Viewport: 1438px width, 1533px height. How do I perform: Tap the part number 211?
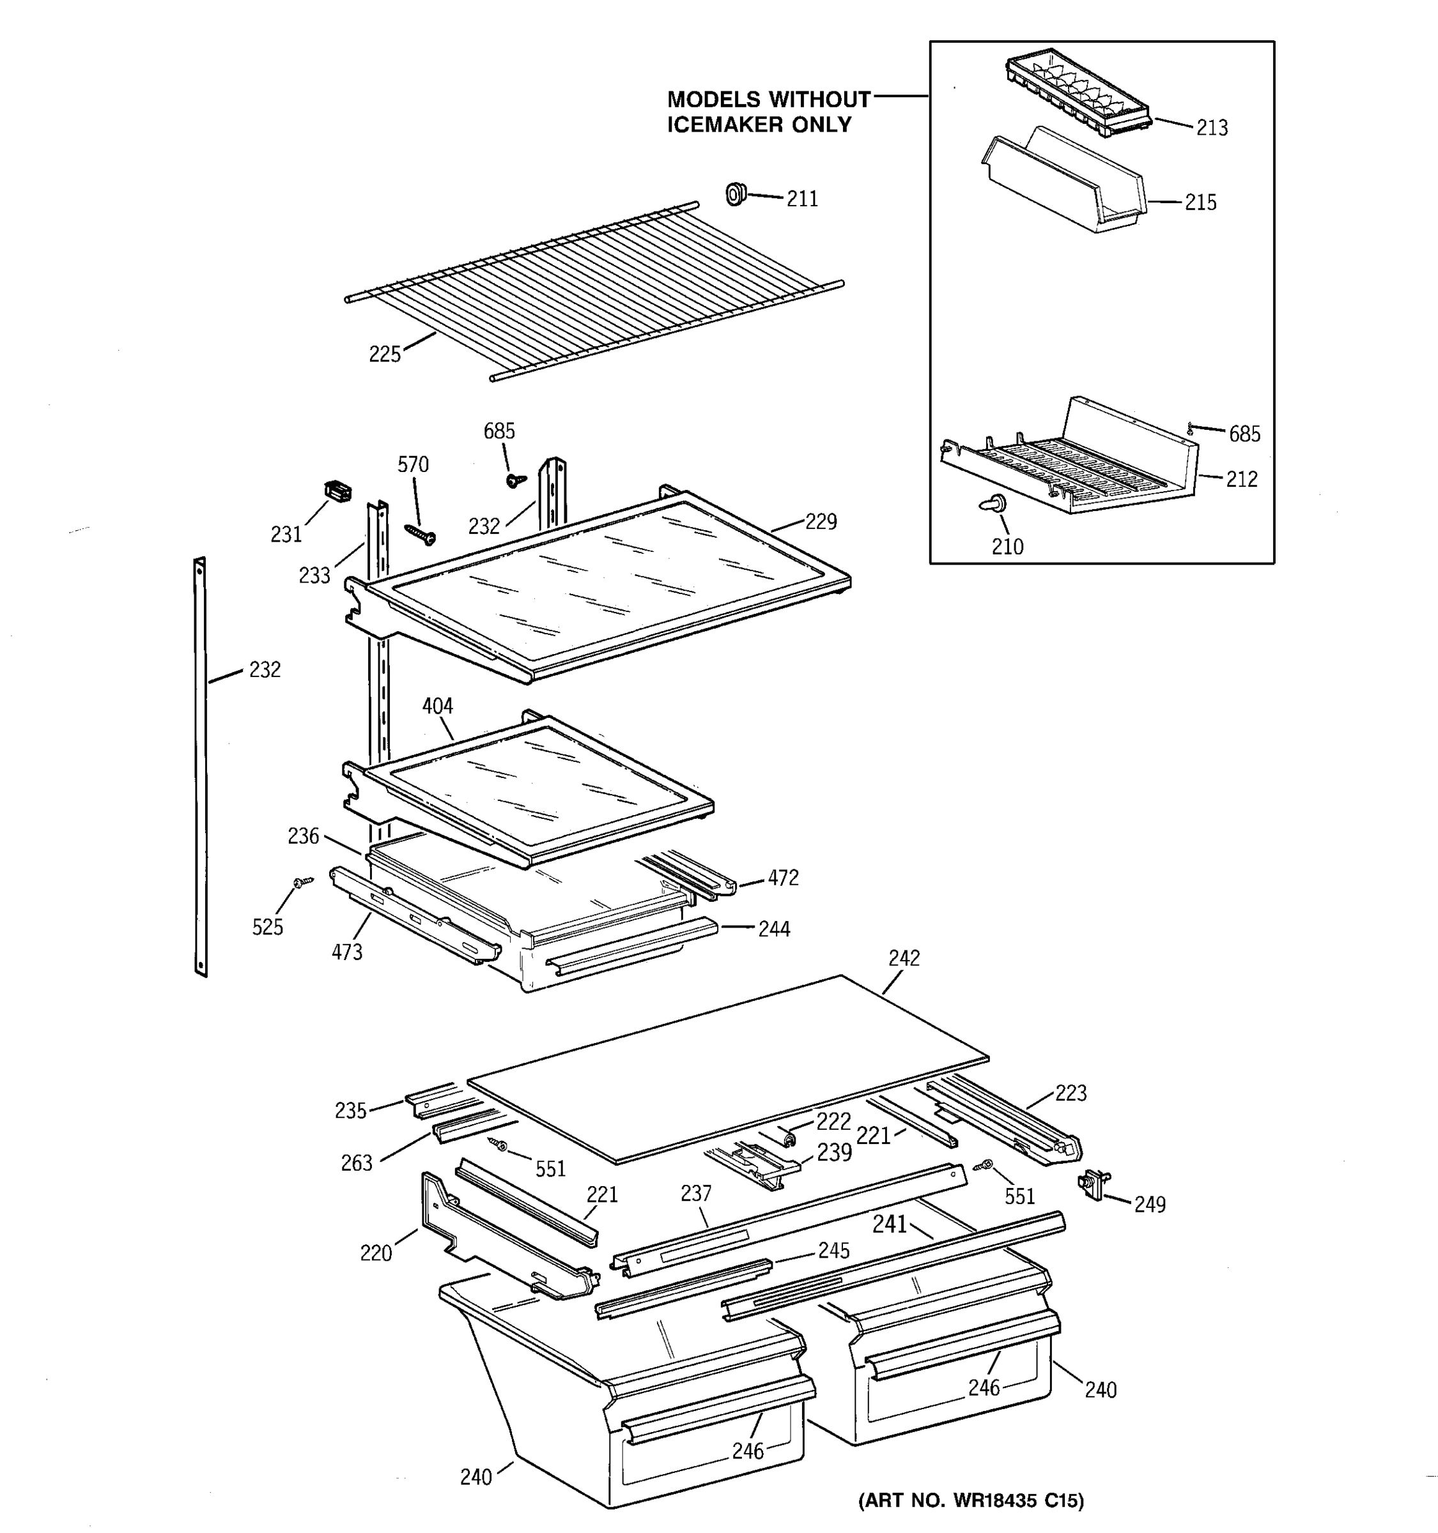(x=801, y=199)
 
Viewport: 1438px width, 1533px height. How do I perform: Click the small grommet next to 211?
(x=736, y=194)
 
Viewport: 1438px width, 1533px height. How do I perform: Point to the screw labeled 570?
(x=421, y=532)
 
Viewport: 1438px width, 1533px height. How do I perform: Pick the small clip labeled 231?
(x=336, y=491)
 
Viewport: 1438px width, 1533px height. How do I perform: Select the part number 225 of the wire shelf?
(x=384, y=354)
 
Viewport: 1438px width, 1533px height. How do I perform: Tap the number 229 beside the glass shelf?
(x=820, y=522)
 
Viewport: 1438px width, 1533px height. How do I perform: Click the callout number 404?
(x=437, y=706)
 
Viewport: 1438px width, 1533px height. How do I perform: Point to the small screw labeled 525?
(x=302, y=881)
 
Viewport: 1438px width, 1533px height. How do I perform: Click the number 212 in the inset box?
(x=1241, y=479)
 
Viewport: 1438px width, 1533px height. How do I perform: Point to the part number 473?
(x=346, y=952)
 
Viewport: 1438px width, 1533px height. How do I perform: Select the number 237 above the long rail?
(x=695, y=1194)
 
